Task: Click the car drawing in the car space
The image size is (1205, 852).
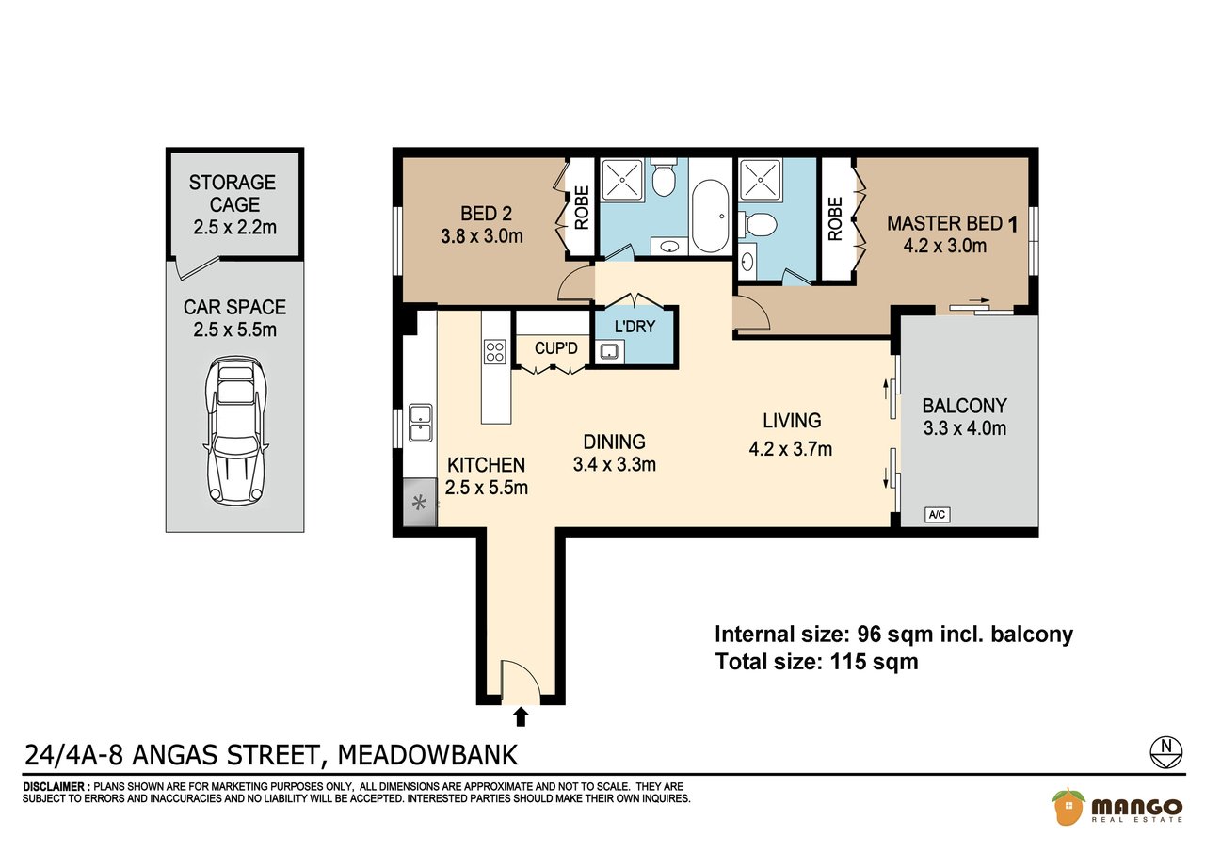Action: (x=235, y=431)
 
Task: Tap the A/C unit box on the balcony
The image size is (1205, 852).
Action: (x=937, y=515)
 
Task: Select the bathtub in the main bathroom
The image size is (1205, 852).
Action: (x=710, y=217)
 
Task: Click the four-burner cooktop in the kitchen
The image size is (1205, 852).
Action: (x=495, y=352)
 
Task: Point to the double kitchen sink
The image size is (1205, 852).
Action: (x=420, y=424)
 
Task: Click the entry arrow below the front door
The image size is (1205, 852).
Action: (x=521, y=717)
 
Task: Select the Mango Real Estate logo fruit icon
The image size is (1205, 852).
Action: (x=1068, y=806)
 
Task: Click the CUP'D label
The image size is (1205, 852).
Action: (x=555, y=348)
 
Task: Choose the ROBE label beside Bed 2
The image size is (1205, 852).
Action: (x=582, y=208)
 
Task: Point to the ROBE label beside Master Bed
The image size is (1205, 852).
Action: (x=834, y=219)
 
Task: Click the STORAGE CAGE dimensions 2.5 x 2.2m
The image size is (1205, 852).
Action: (x=235, y=227)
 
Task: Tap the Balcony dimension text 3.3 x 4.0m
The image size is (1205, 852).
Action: (x=965, y=428)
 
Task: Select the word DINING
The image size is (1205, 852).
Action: (x=615, y=442)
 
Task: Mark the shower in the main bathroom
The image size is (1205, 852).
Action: (x=622, y=180)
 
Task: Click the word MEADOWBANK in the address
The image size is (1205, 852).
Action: (x=427, y=755)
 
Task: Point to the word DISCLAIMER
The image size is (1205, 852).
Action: (x=54, y=787)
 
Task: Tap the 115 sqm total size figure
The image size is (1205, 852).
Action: (x=875, y=662)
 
